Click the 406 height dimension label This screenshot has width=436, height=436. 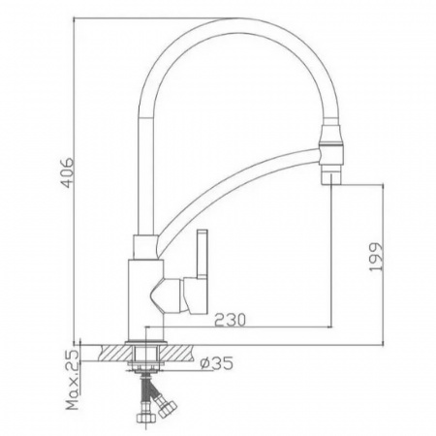coord(68,172)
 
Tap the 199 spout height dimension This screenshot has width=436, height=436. coord(376,257)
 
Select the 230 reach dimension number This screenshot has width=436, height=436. coord(230,320)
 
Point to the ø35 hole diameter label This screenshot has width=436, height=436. coord(216,363)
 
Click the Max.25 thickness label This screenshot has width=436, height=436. coord(73,379)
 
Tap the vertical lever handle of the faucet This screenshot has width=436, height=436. coord(202,254)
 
